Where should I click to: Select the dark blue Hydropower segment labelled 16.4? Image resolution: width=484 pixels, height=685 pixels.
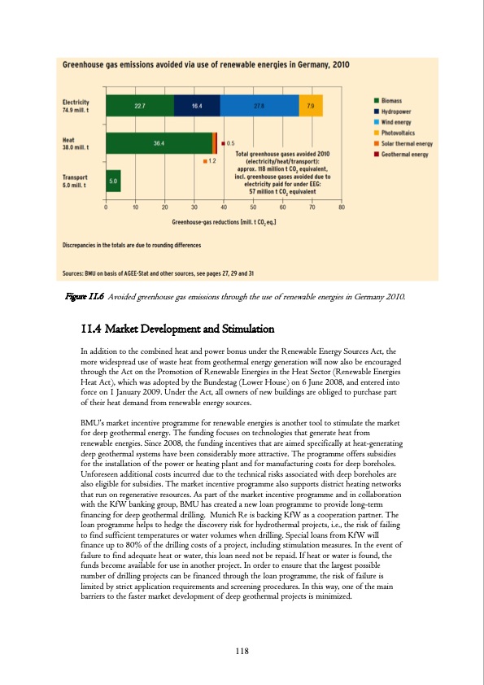point(197,105)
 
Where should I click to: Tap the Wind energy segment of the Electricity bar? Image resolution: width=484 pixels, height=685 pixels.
point(259,105)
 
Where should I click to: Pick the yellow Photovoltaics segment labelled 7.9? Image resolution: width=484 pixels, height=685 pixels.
point(311,105)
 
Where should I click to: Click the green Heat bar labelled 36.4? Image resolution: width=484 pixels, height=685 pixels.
point(159,143)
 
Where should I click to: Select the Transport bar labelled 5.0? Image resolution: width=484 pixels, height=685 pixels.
point(113,181)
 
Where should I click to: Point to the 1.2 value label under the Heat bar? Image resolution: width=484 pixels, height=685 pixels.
point(211,161)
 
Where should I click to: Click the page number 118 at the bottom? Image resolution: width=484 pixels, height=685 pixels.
point(241,650)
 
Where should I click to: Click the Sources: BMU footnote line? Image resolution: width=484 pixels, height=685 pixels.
point(159,273)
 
